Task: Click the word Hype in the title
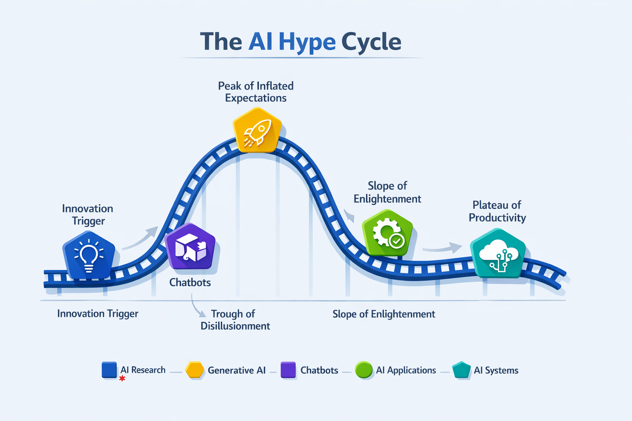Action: [307, 42]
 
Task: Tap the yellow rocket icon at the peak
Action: [257, 130]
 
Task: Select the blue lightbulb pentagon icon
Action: [88, 255]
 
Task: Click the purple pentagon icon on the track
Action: [190, 247]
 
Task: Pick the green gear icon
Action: [388, 233]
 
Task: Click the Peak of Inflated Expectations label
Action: [256, 92]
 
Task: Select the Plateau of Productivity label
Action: [497, 211]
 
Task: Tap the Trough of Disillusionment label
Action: [235, 320]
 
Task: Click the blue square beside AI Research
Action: [109, 370]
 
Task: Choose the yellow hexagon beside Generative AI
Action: [195, 370]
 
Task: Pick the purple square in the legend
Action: [288, 370]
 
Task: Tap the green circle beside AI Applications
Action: [364, 370]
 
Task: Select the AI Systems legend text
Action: [496, 370]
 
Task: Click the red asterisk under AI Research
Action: [122, 378]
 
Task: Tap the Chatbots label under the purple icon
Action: [190, 282]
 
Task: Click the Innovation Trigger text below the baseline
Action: [98, 314]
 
